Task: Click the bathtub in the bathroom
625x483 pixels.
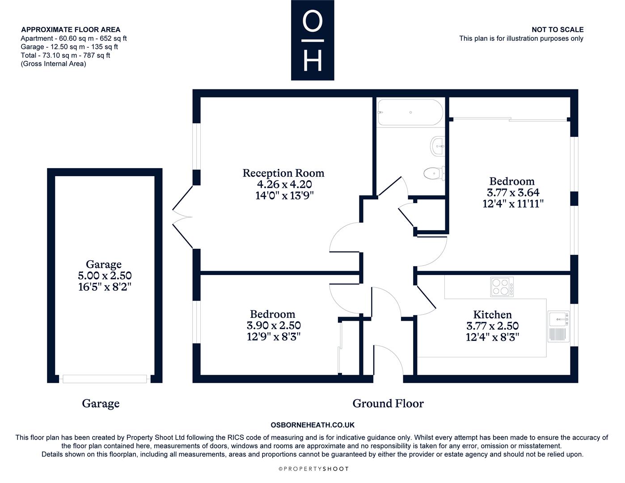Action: (x=410, y=112)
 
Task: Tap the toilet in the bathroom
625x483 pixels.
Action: (x=434, y=174)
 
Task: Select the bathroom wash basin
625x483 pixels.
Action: (x=438, y=146)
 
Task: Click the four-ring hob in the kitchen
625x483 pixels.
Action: (x=502, y=287)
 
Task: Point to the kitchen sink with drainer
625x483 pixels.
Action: (x=558, y=326)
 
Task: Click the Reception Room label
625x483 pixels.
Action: (x=283, y=173)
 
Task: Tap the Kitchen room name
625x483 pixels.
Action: (x=492, y=314)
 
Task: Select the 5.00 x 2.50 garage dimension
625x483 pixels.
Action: (x=105, y=275)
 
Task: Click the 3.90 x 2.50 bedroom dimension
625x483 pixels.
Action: (x=274, y=326)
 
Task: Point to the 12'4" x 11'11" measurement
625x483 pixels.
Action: (x=513, y=203)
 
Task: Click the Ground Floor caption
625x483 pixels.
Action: (x=388, y=403)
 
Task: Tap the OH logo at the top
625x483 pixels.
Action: (x=312, y=40)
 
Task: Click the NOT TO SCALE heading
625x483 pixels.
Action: (x=557, y=30)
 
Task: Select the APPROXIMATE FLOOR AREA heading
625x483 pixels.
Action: (x=71, y=30)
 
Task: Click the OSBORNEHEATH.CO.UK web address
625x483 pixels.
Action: (x=312, y=425)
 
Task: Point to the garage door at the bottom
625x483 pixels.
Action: (x=105, y=379)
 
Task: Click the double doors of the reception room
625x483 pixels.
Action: (x=182, y=217)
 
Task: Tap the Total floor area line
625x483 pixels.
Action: (x=65, y=55)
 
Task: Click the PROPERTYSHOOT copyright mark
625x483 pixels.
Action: (x=313, y=469)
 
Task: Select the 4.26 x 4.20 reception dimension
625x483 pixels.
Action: (x=284, y=184)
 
